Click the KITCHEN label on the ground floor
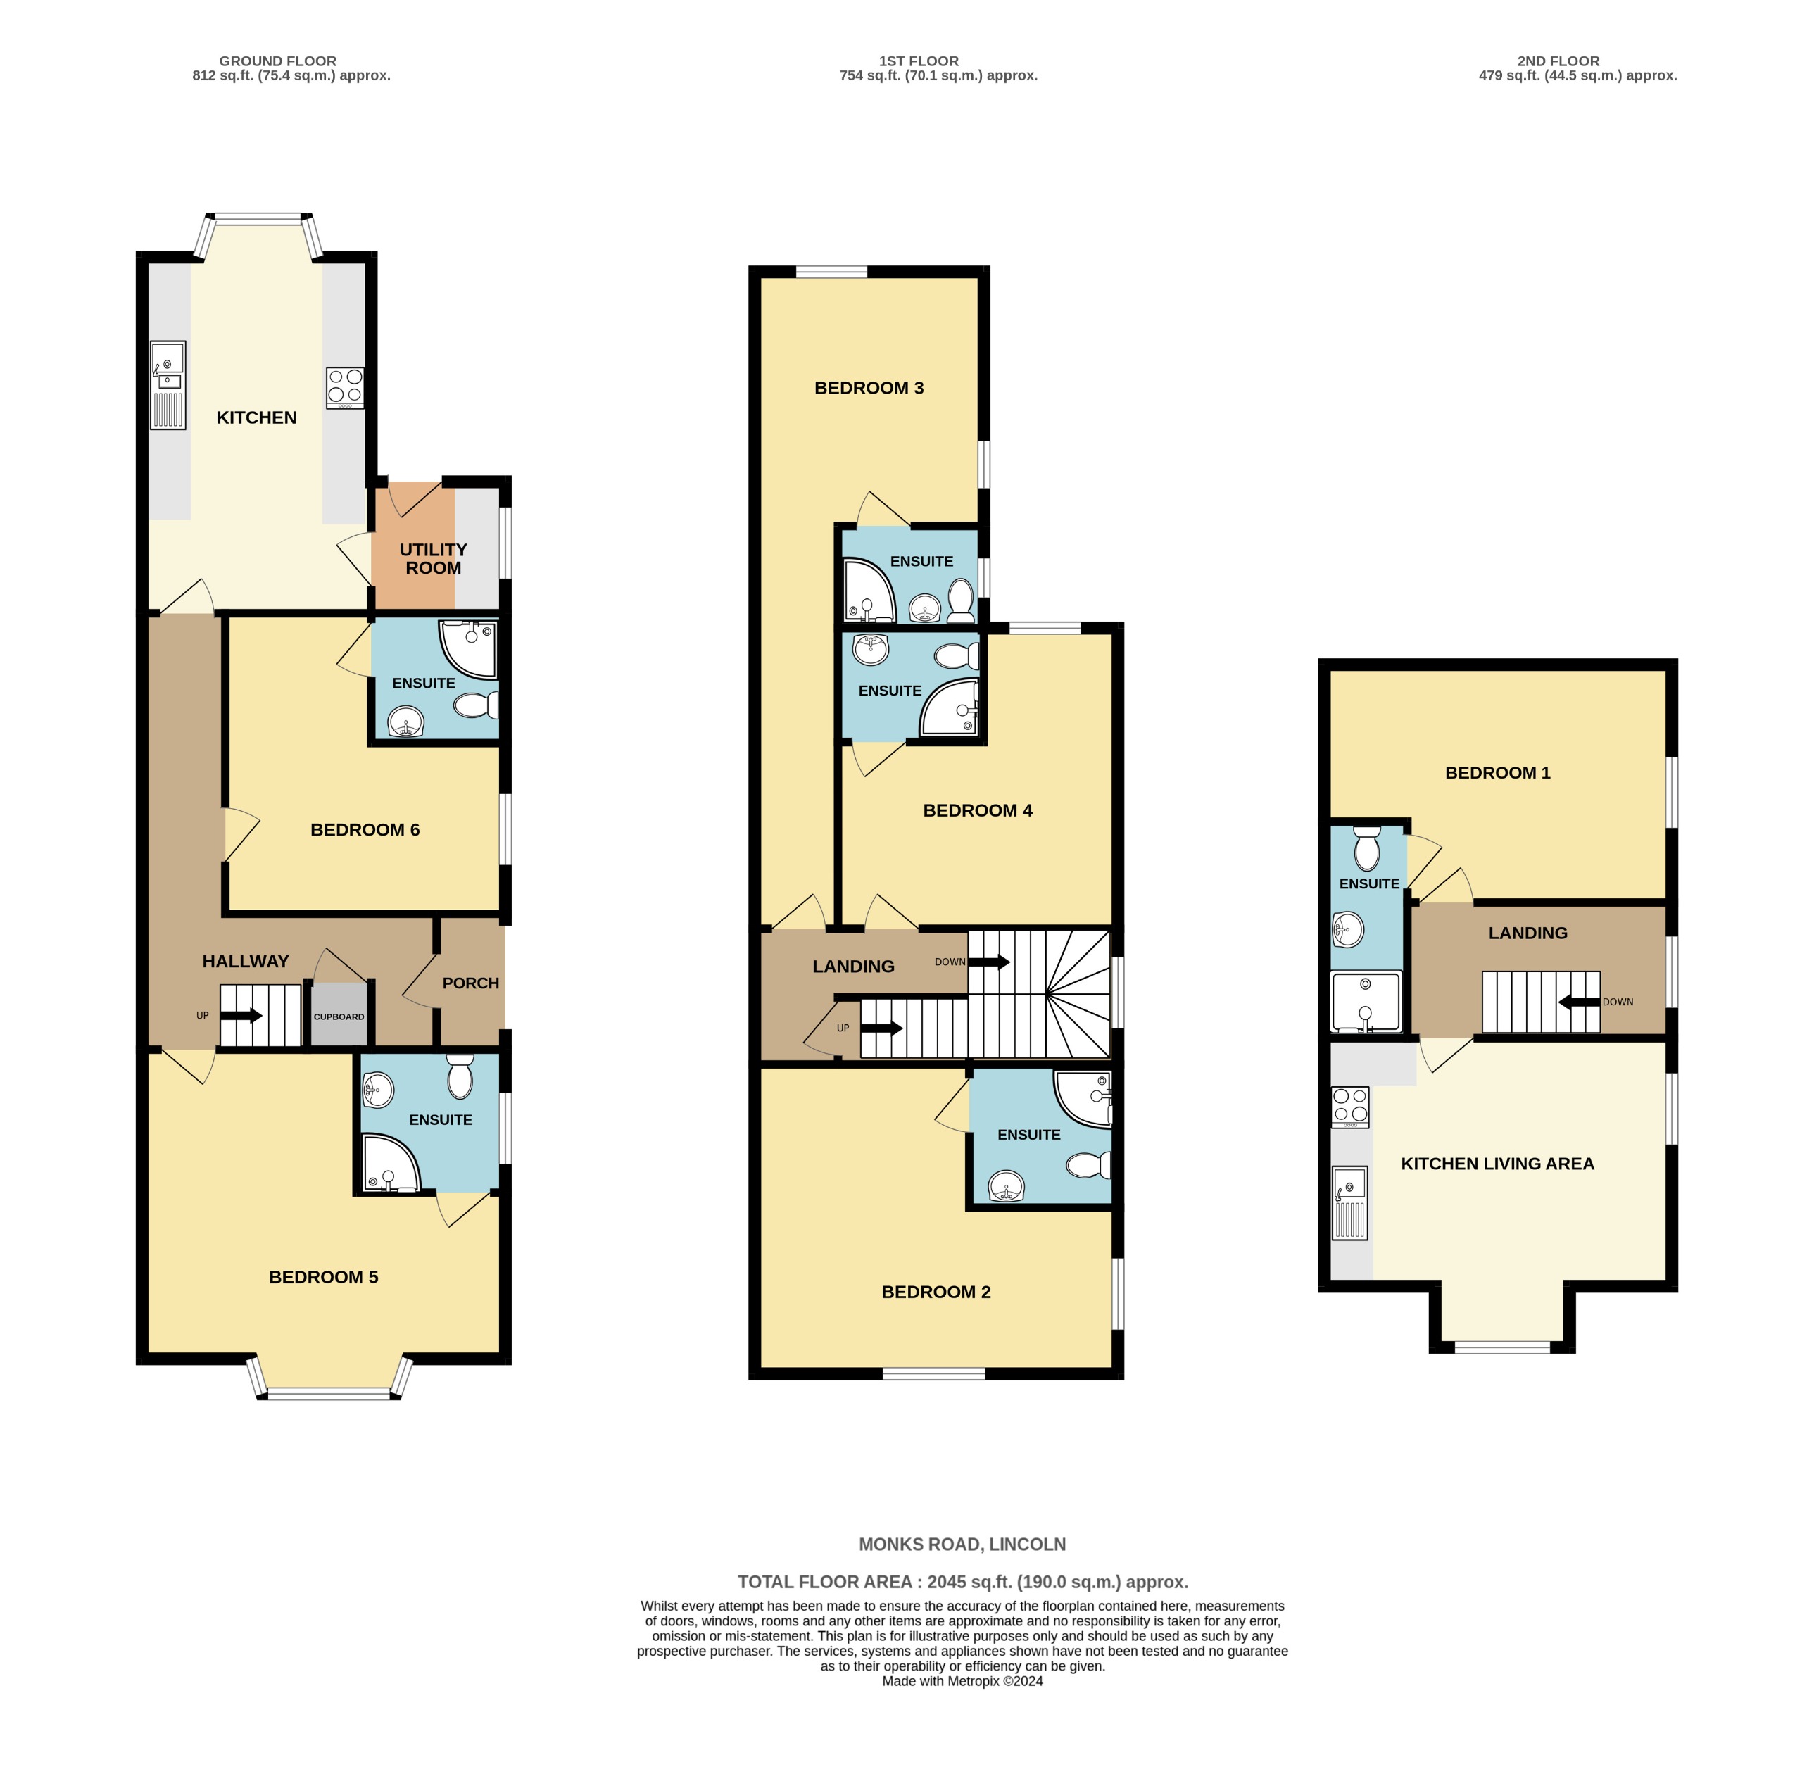tap(256, 417)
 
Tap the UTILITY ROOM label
tap(432, 559)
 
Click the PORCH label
tap(470, 983)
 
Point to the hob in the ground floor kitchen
tap(345, 388)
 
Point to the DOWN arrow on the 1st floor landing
tap(990, 962)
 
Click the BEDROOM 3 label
tap(869, 388)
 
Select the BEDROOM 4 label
tap(977, 810)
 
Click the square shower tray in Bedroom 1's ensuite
tap(1365, 1002)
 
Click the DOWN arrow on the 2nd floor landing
tap(1578, 1002)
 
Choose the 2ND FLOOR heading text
tap(1558, 61)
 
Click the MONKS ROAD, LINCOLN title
tap(962, 1544)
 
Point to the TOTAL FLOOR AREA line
tap(962, 1581)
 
